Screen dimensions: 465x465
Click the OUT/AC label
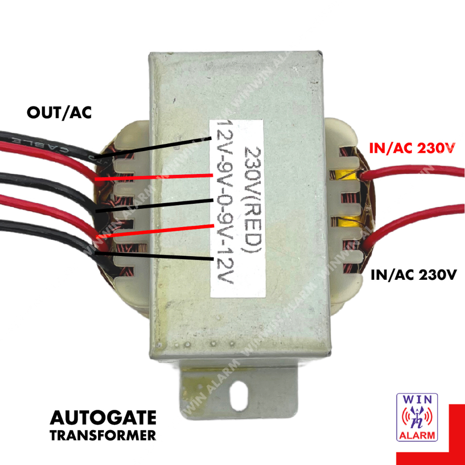[59, 113]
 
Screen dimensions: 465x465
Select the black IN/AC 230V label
[412, 275]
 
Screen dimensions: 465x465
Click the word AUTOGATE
[103, 418]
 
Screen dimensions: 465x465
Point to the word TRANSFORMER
[103, 435]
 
